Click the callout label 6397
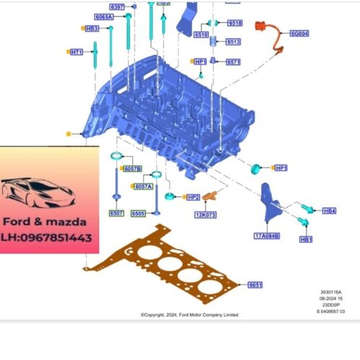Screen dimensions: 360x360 117,7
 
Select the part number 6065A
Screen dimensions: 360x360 103,16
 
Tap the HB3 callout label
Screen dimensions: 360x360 92,28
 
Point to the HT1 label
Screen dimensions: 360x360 77,52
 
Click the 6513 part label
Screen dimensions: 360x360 233,42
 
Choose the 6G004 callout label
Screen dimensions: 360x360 299,33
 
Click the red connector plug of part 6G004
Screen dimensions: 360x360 258,27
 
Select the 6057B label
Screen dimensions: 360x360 133,169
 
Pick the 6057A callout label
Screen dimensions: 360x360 142,187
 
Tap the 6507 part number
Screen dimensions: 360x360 117,214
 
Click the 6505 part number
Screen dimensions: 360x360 139,214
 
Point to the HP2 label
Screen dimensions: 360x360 192,197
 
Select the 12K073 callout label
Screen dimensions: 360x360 207,215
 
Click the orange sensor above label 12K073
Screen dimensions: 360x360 212,196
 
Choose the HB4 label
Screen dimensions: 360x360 329,211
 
